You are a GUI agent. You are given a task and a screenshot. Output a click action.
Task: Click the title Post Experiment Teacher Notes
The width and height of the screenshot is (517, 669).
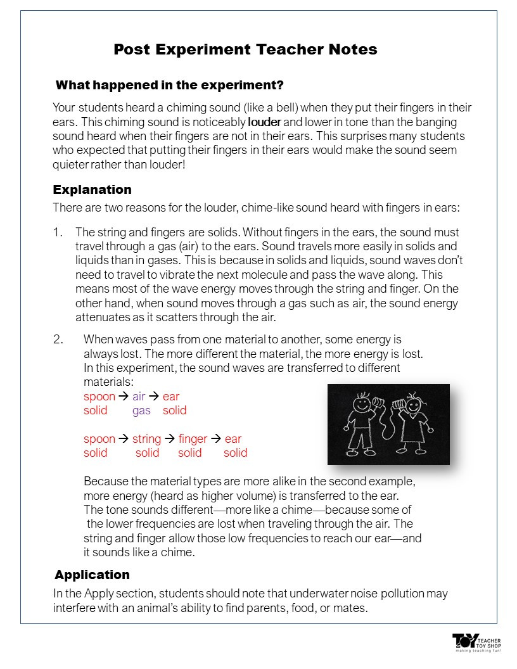click(245, 49)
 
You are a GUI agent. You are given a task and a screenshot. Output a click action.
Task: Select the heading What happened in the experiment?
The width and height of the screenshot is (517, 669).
click(170, 85)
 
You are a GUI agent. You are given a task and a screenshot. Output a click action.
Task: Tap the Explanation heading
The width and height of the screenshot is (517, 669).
click(92, 189)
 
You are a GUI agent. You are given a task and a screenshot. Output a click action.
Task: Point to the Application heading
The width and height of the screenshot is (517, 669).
click(92, 575)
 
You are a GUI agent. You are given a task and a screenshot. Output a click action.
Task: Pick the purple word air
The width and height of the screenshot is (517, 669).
click(139, 397)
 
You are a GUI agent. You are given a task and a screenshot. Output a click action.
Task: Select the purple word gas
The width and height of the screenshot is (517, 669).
click(141, 411)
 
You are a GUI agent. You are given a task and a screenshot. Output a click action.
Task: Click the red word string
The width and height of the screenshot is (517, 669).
click(146, 439)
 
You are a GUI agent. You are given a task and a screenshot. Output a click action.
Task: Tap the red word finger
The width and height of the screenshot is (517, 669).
click(193, 439)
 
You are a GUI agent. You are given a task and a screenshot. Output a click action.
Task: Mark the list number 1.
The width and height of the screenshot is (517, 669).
click(57, 233)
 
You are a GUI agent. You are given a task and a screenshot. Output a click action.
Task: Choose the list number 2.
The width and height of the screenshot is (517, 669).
click(58, 340)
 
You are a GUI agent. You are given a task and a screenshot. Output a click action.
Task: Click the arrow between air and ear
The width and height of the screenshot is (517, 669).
click(153, 397)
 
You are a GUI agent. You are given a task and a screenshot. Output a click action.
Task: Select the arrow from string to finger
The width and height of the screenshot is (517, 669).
click(170, 439)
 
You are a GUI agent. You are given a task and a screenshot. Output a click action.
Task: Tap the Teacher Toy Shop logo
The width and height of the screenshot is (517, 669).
click(476, 642)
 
